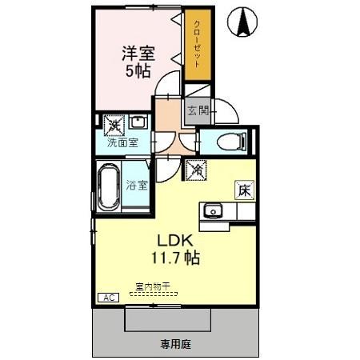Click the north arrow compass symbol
point(241,22)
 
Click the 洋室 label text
point(138,53)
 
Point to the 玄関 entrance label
point(197,110)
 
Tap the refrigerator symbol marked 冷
point(196,169)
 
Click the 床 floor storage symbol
point(243,190)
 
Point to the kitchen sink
point(213,211)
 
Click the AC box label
point(107,298)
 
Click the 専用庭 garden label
point(176,344)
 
